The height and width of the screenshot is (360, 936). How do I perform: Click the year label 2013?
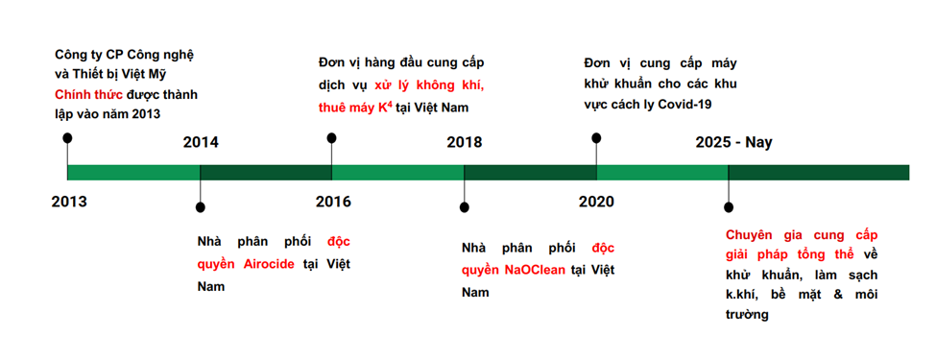coord(69,202)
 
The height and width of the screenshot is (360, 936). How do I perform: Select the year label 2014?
coord(201,143)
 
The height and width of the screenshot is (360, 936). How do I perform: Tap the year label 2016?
coord(334,202)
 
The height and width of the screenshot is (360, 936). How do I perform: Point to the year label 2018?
coord(465,143)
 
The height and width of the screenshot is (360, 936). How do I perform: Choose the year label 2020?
coord(596,202)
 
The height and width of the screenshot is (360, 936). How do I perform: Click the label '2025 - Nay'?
coord(733,143)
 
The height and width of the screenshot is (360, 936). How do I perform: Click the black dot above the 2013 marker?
coord(67,138)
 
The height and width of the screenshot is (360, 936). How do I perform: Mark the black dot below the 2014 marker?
coord(201,207)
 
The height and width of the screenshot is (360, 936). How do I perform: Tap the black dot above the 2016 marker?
coord(332,138)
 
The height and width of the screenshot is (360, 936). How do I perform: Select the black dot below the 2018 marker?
coord(465,207)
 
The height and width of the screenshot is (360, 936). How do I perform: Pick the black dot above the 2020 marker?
coord(596,138)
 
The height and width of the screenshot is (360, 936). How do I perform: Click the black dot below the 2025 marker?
coord(729,207)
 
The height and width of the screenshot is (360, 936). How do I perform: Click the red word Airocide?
coord(269,264)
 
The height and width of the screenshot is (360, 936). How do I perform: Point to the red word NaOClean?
coord(535,270)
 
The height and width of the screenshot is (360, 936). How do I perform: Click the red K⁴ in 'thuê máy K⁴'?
coord(384,108)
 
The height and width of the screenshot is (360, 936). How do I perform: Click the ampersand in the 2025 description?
coord(827,294)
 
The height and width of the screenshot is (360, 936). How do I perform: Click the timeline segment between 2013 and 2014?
coord(133,173)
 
